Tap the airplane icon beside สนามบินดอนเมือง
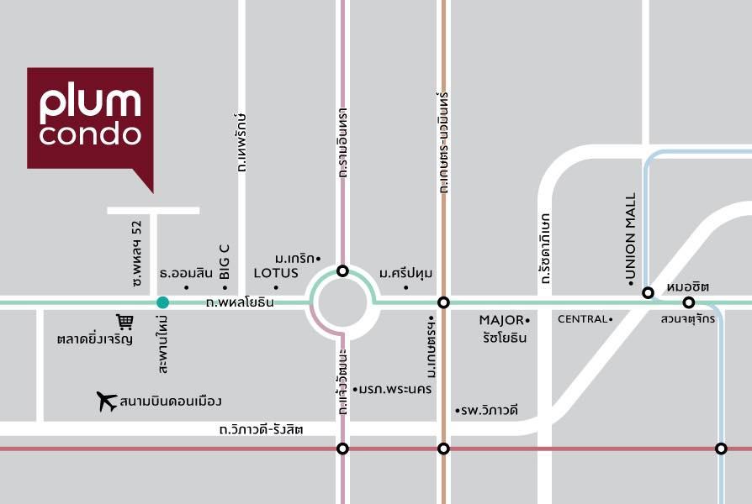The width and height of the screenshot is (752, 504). tap(107, 402)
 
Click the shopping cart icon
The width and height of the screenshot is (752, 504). tap(124, 322)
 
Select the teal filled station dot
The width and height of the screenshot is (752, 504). tap(162, 302)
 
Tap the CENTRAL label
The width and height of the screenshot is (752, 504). tap(582, 319)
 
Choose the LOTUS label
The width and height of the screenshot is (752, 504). tap(276, 272)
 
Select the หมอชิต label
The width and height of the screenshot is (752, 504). tap(683, 286)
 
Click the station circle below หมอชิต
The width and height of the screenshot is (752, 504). tap(688, 302)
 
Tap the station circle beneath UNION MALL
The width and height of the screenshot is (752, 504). tap(648, 292)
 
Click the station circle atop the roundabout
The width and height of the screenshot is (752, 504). tap(342, 270)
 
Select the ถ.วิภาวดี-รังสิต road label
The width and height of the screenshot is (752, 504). tap(261, 429)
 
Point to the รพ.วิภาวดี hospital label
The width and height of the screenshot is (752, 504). tap(489, 410)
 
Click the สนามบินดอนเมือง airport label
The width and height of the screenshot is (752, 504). tap(171, 402)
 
